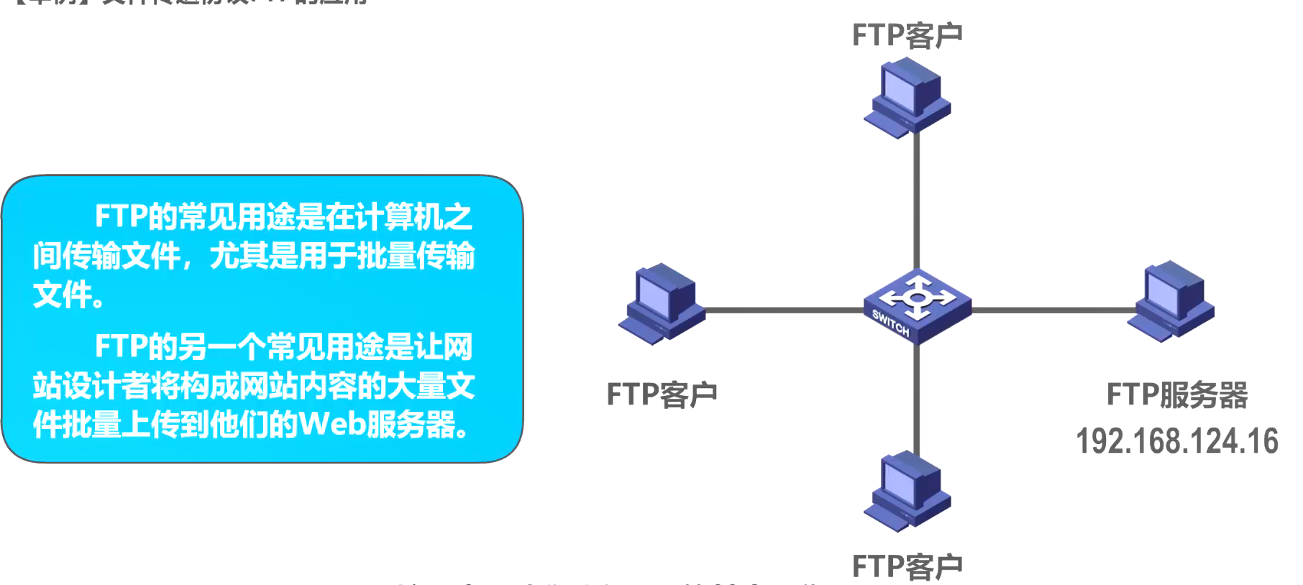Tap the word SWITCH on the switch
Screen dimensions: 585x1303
891,323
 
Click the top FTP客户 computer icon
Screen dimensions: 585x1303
907,97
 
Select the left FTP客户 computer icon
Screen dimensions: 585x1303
662,303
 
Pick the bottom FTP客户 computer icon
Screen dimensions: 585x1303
907,491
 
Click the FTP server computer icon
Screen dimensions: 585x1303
1171,301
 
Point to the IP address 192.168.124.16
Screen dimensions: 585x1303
1176,441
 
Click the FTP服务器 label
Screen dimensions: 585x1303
1176,395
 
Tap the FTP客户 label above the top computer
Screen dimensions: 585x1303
907,35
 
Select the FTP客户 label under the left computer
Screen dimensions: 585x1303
662,395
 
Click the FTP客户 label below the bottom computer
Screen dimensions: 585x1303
907,566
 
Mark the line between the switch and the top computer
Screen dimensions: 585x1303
917,201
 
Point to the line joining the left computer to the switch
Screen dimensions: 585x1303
784,310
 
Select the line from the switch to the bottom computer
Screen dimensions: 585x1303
917,399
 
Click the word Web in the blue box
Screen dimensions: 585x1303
332,424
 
